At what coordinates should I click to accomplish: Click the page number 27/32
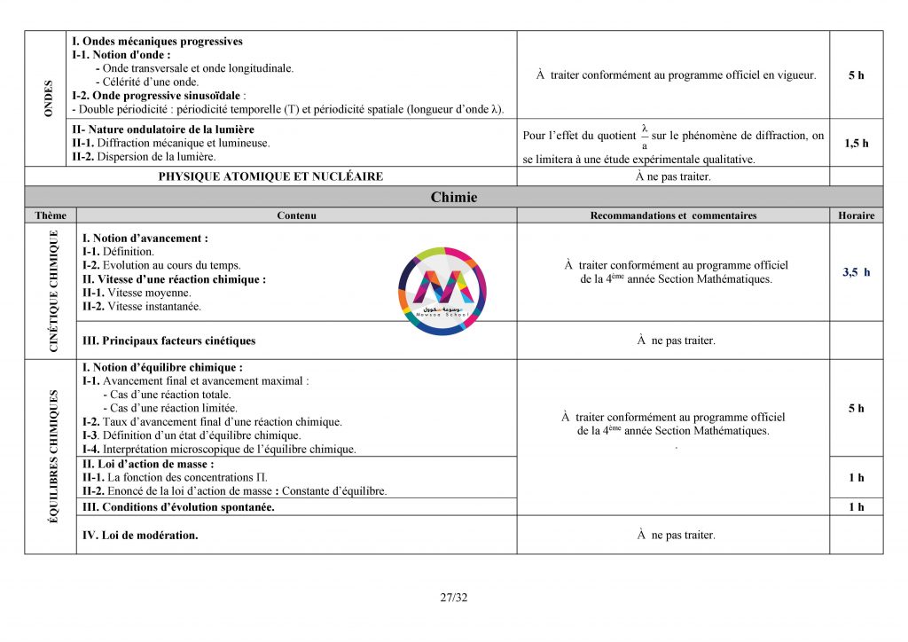tap(453, 597)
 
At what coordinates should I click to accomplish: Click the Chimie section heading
tap(453, 197)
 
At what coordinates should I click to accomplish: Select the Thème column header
tap(51, 215)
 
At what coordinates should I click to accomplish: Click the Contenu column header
tap(296, 215)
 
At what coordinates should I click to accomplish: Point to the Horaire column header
tap(856, 215)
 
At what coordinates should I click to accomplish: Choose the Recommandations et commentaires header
tap(673, 215)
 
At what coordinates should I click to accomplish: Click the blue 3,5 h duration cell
tap(856, 272)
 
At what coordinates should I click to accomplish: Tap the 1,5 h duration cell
tap(856, 143)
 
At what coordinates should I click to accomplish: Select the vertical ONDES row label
tap(49, 98)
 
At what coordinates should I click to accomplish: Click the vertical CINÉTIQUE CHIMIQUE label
tap(53, 291)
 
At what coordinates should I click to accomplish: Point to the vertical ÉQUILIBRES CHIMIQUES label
tap(53, 454)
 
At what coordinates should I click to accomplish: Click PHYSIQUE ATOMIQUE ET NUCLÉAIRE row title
tap(270, 176)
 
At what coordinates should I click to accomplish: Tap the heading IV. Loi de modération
tap(140, 535)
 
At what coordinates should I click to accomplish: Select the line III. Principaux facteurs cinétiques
tap(168, 341)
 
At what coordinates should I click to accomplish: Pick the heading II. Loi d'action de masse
tap(148, 464)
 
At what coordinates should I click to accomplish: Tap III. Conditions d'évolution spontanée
tap(178, 507)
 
